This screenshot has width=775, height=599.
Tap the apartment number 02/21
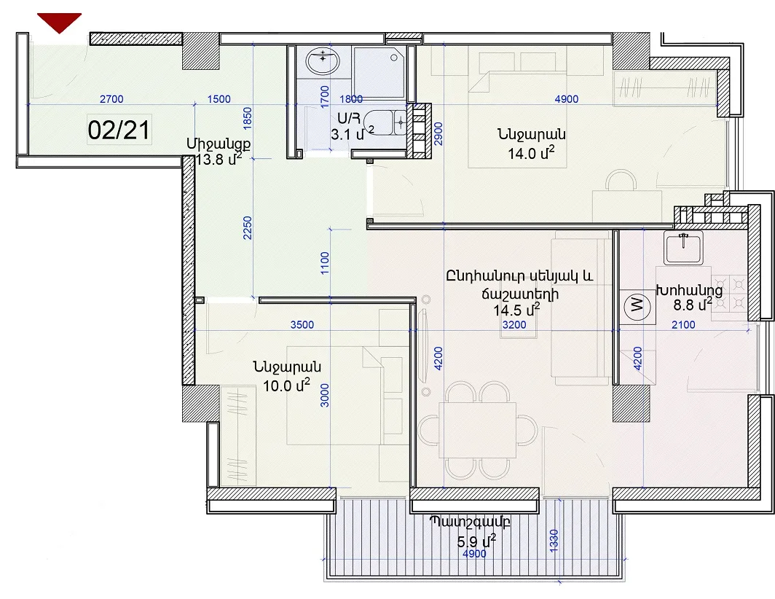click(x=119, y=130)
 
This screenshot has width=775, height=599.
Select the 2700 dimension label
click(x=111, y=99)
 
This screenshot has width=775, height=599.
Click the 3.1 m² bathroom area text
click(x=353, y=133)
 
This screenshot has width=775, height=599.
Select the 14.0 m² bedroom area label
click(x=531, y=153)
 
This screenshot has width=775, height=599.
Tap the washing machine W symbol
click(x=637, y=305)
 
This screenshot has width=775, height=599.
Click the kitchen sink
click(x=683, y=247)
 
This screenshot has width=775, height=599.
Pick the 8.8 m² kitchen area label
click(x=693, y=304)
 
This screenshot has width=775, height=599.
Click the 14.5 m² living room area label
click(x=516, y=310)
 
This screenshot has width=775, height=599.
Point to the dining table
click(x=478, y=431)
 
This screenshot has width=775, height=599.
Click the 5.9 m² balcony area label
click(x=476, y=541)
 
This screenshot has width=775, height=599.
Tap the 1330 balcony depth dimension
click(x=554, y=541)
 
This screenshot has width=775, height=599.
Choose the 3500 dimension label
click(x=302, y=324)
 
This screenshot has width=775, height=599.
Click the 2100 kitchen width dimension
click(x=683, y=324)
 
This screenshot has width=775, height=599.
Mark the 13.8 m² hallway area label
click(x=219, y=160)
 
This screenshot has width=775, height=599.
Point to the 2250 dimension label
click(x=248, y=228)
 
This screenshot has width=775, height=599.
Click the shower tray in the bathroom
click(x=379, y=72)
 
